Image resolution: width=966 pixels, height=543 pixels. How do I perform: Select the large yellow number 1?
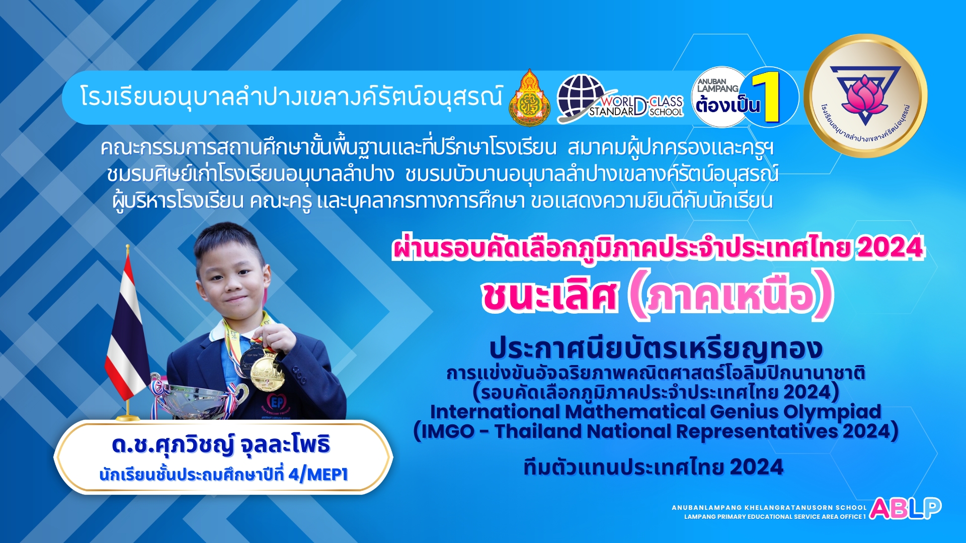click(767, 97)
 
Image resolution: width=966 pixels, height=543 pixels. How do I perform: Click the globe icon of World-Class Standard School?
click(581, 97)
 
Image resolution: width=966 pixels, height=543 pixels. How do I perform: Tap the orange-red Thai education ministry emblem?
click(530, 98)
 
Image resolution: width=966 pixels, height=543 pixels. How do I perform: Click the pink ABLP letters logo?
click(905, 508)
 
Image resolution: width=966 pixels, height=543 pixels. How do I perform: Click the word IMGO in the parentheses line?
click(447, 431)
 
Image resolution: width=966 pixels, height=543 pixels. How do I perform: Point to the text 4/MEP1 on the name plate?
click(318, 474)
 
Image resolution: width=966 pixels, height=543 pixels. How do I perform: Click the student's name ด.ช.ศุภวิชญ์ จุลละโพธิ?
click(221, 444)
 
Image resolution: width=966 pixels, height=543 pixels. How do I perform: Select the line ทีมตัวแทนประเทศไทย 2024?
click(653, 467)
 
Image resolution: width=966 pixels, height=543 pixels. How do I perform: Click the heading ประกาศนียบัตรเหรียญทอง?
click(656, 348)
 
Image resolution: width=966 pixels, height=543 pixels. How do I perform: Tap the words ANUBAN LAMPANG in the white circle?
click(717, 85)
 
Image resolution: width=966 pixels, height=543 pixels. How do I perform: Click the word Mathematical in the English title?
click(635, 412)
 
